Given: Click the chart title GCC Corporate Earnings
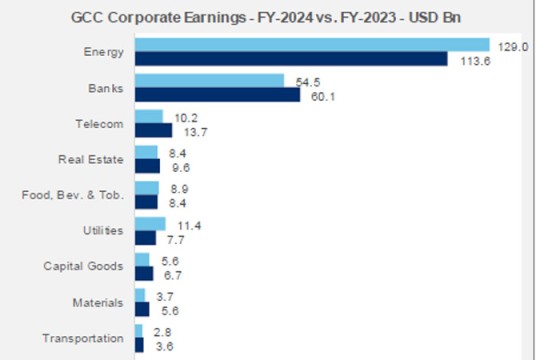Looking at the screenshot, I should click(271, 16).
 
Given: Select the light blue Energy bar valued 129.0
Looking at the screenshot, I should click(312, 45).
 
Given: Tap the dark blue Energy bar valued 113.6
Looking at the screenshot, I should click(291, 59).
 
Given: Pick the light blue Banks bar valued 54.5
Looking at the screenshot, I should click(209, 81).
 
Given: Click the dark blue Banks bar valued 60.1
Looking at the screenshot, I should click(217, 95).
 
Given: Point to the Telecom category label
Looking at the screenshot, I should click(99, 123).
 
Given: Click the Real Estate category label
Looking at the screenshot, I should click(92, 159).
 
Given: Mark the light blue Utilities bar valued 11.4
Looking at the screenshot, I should click(150, 223).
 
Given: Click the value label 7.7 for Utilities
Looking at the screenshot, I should click(176, 238).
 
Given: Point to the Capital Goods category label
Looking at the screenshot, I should click(85, 266).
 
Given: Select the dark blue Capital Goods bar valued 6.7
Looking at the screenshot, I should click(144, 274).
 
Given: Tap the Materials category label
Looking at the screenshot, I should click(98, 302).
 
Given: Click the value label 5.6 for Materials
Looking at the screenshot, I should click(169, 310).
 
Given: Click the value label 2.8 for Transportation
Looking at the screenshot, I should click(163, 330).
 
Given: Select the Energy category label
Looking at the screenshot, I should click(104, 52).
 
